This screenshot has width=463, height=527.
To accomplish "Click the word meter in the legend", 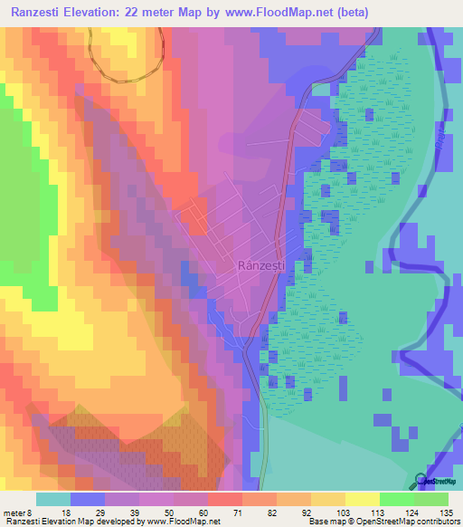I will tap(15, 512).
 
